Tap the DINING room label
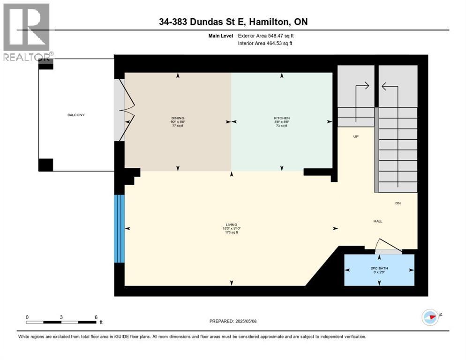coord(178,118)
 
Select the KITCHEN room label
coord(282,118)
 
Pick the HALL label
coord(378,221)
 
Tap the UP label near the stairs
coord(356,137)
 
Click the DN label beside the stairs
coord(398,203)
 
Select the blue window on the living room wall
coord(120,229)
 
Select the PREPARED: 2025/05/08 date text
coord(233,321)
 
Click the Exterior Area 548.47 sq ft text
coord(266,36)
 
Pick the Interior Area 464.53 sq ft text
coord(265,44)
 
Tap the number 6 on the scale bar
coord(96,317)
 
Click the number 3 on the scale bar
coord(61,317)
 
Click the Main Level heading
coord(220,36)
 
